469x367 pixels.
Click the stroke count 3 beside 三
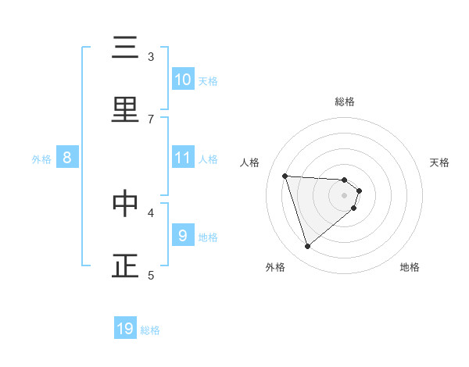point(151,56)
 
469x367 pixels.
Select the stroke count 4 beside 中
point(151,212)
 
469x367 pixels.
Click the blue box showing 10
point(183,80)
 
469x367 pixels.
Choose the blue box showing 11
point(183,158)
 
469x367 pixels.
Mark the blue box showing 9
point(183,235)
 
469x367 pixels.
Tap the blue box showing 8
point(67,158)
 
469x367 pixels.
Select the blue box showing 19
point(125,329)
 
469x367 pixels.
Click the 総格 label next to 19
point(150,330)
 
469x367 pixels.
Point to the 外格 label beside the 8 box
point(41,159)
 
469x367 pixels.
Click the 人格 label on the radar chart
point(250,162)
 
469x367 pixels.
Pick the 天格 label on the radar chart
point(439,162)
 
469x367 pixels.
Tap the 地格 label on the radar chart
point(410,267)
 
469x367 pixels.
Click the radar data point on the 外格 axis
point(307,247)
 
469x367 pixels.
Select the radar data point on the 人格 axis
point(285,176)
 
